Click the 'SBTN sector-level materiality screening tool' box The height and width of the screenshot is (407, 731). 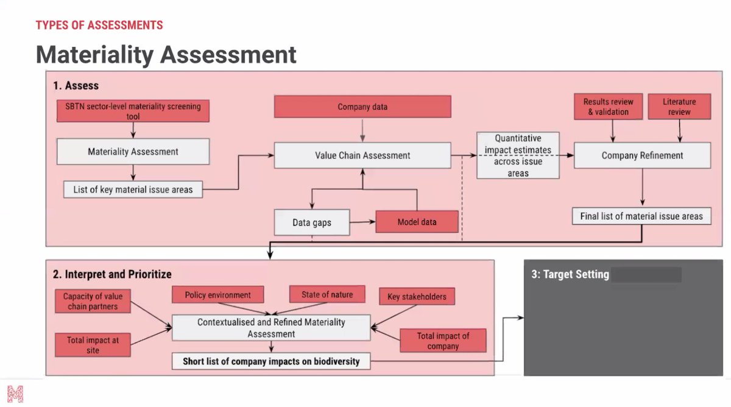[133, 110]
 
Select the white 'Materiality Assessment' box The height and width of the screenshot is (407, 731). [133, 152]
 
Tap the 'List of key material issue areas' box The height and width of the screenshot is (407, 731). [133, 189]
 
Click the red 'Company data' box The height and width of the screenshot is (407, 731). [362, 107]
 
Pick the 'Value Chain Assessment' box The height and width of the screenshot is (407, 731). [362, 155]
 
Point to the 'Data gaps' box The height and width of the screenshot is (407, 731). [312, 222]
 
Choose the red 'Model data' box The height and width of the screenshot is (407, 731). [417, 222]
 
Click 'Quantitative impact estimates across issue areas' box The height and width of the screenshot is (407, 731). [518, 155]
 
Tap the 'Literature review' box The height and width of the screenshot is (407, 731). [679, 107]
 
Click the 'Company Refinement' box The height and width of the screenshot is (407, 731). [642, 155]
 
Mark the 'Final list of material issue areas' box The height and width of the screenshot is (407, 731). [641, 216]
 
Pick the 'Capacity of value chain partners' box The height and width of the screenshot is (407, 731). [93, 301]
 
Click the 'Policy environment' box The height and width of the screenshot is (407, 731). [217, 295]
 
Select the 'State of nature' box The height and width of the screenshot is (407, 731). [327, 295]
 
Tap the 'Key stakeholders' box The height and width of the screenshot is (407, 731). [417, 297]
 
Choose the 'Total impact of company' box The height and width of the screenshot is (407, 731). [443, 341]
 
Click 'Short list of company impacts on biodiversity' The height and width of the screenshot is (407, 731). [271, 361]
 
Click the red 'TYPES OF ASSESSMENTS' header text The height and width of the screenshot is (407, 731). [99, 25]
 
